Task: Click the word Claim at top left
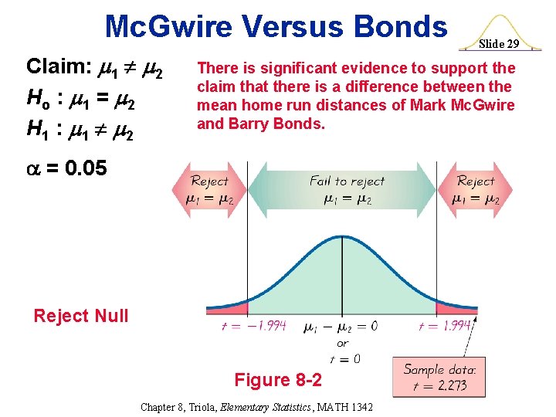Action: [59, 66]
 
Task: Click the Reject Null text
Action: [81, 315]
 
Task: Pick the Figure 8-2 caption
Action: [277, 380]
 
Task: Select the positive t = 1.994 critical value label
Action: [444, 326]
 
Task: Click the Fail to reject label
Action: [347, 181]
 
